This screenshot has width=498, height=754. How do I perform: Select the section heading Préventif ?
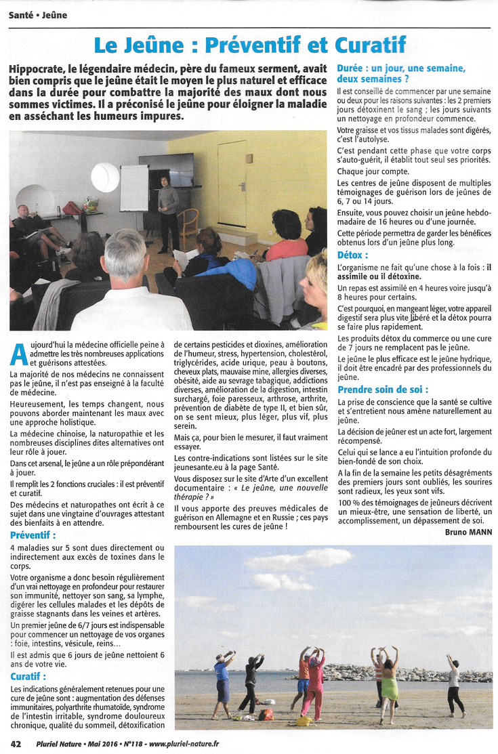click(x=33, y=535)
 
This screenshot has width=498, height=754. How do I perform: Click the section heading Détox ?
click(x=353, y=255)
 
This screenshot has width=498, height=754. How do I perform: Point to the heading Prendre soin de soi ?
click(x=383, y=390)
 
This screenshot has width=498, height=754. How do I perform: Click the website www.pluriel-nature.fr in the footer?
click(x=184, y=744)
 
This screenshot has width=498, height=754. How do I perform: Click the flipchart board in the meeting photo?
click(x=134, y=188)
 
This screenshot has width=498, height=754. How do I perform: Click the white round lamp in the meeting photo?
click(x=105, y=177)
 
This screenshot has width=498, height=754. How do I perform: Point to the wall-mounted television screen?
click(x=168, y=169)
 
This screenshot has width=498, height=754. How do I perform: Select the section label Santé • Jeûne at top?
click(x=38, y=15)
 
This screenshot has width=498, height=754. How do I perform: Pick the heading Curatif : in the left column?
click(x=29, y=676)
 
